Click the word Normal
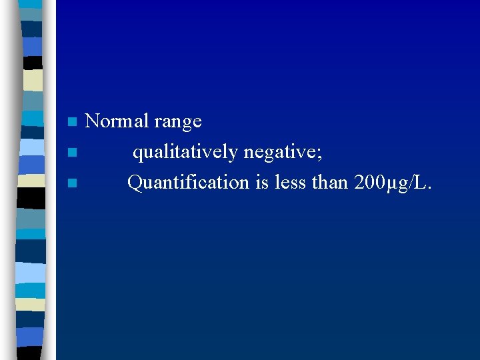[x=117, y=121]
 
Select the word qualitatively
[x=185, y=153]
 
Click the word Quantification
[x=189, y=182]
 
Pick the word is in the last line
[x=262, y=182]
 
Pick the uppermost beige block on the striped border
[x=34, y=80]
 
